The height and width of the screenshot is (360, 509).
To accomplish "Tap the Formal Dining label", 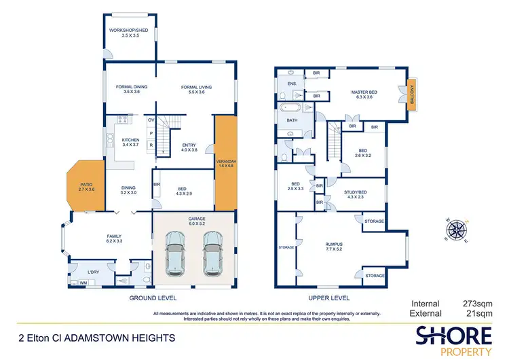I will pos(127,89).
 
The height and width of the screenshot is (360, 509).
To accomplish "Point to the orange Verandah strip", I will pos(224,163).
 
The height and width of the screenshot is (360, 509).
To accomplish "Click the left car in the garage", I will pos(176,253).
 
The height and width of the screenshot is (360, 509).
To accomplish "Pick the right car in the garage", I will pos(212,253).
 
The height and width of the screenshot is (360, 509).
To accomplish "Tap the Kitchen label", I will pos(130,143).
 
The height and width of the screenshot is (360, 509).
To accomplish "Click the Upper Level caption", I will pos(329,298).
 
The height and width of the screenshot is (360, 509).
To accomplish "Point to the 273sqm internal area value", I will pos(478,304).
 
